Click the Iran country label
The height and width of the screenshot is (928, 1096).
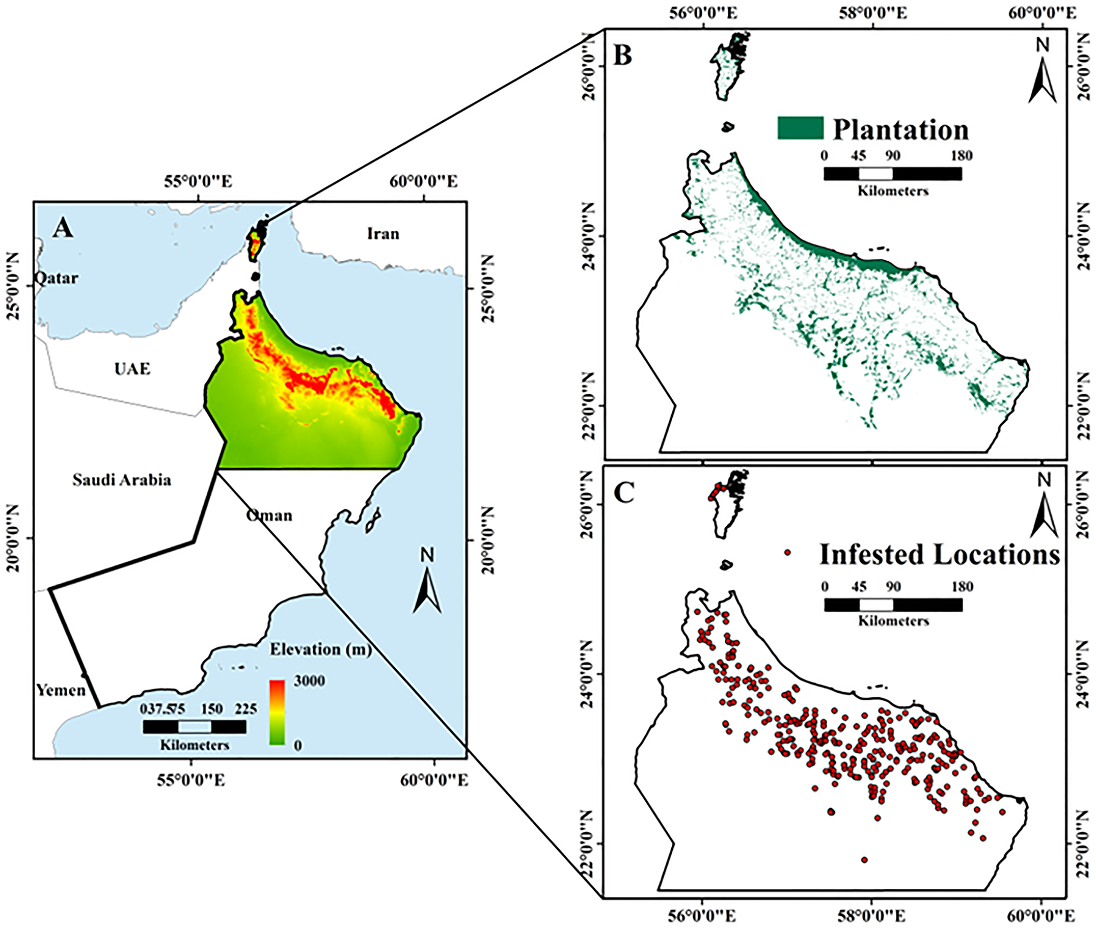(383, 233)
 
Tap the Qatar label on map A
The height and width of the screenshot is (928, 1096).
(57, 278)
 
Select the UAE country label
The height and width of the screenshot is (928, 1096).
(132, 368)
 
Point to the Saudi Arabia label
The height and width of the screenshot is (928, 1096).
(122, 480)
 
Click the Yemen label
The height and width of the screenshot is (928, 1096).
(61, 690)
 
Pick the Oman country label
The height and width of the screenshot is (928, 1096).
(269, 515)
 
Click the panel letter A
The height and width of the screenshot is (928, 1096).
(63, 228)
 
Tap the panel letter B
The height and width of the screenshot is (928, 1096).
(623, 55)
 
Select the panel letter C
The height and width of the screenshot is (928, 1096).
(624, 493)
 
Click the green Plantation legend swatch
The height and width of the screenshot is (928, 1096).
(800, 128)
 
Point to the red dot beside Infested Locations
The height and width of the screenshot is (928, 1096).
(787, 553)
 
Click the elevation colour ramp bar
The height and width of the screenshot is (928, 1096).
(277, 713)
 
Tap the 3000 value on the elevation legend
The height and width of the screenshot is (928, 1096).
(309, 681)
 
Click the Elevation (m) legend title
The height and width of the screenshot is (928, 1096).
(320, 649)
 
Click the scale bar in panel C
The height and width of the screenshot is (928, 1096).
(893, 605)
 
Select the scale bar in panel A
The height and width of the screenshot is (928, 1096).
(194, 726)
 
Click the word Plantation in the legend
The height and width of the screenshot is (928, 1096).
(900, 129)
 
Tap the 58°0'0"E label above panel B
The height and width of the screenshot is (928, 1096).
(872, 13)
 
